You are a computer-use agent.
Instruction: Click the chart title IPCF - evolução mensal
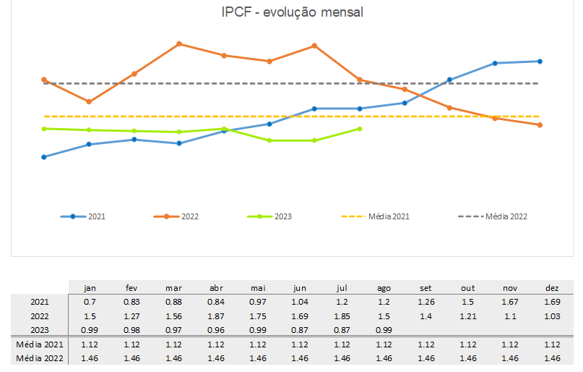[x=292, y=12]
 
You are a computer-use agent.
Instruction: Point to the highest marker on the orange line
[x=179, y=44]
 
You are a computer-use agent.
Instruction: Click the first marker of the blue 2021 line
[x=44, y=157]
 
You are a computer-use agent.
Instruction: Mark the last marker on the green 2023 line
[x=360, y=129]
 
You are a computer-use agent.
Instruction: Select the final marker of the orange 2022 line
[x=540, y=125]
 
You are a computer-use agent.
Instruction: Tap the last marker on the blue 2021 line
[x=540, y=62]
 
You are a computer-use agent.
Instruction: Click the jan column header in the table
[x=90, y=288]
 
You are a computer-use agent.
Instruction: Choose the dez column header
[x=552, y=288]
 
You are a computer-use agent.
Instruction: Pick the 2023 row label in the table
[x=40, y=330]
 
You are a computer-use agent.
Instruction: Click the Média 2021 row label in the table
[x=40, y=344]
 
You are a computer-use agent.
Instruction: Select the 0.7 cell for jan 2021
[x=90, y=302]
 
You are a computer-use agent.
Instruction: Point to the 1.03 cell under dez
[x=552, y=316]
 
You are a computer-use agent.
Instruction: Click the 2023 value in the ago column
[x=384, y=330]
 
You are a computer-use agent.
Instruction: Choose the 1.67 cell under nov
[x=510, y=302]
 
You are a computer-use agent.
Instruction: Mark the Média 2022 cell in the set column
[x=426, y=358]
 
